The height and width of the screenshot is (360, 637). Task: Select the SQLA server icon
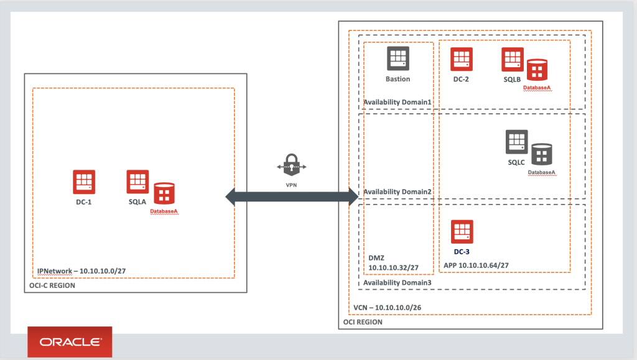(137, 181)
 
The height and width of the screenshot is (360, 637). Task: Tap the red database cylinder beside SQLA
(164, 194)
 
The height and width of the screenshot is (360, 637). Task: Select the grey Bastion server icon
(398, 58)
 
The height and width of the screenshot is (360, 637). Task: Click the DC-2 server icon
(461, 59)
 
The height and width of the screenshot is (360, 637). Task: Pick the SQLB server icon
(513, 59)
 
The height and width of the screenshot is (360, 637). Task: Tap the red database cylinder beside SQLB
(537, 71)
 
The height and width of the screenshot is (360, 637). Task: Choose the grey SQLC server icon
(516, 142)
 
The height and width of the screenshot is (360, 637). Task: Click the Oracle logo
(70, 341)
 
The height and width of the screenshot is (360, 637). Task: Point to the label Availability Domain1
(398, 102)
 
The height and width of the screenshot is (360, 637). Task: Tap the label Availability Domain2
(398, 192)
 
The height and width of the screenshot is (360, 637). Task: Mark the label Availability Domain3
(398, 283)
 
